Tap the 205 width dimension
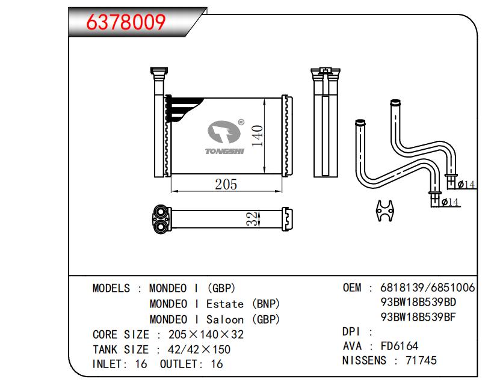tap(226, 184)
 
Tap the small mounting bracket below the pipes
tap(384, 211)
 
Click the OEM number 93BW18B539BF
tap(418, 316)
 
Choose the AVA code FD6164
tap(399, 346)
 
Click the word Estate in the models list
tap(224, 304)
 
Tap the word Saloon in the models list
tap(224, 319)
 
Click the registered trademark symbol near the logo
tap(241, 122)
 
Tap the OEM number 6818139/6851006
tap(428, 288)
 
